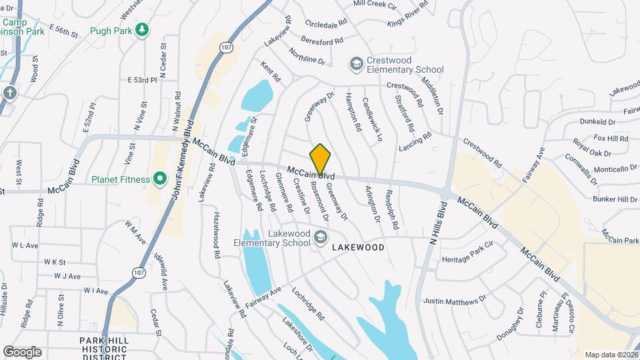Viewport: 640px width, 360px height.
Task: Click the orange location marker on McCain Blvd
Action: coord(321,159)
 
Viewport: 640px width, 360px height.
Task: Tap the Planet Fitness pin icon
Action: coord(159,179)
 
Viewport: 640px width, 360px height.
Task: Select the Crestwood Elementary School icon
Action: coord(356,64)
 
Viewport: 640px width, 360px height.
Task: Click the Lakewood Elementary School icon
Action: coord(321,237)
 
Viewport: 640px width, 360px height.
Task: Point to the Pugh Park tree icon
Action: coord(141,29)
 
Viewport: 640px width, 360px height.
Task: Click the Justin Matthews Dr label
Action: coord(455,301)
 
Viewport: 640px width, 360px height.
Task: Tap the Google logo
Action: coord(23,351)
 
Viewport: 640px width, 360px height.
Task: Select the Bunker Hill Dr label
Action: coord(615,199)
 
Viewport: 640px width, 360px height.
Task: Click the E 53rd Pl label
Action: coord(141,80)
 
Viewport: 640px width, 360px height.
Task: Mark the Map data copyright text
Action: coord(610,355)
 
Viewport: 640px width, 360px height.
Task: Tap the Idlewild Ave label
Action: coord(161,271)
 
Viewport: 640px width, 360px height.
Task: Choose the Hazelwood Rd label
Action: coord(217,236)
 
